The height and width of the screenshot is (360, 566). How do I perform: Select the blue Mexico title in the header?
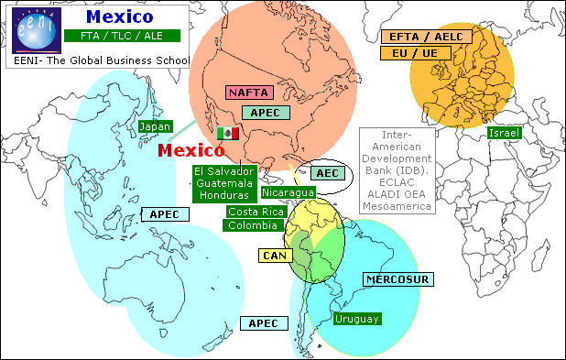point(119,16)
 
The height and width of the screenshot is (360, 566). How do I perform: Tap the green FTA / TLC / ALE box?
point(120,38)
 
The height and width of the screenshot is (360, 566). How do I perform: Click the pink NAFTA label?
point(248,92)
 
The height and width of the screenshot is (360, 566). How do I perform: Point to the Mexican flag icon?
point(227,133)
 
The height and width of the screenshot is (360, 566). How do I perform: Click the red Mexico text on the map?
point(192,150)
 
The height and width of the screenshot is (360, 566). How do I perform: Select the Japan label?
point(155,126)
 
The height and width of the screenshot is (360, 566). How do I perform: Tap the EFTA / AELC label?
point(426,37)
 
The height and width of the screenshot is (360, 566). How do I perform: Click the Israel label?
point(504,134)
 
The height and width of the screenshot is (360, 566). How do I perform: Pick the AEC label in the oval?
point(326,173)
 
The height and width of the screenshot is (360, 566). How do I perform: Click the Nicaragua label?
point(288,192)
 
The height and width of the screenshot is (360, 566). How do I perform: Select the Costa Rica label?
point(253,212)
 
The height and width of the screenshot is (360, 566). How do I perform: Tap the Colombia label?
point(252,225)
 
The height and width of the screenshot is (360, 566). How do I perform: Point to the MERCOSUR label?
point(397,278)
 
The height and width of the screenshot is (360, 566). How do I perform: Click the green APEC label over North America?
point(266,113)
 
